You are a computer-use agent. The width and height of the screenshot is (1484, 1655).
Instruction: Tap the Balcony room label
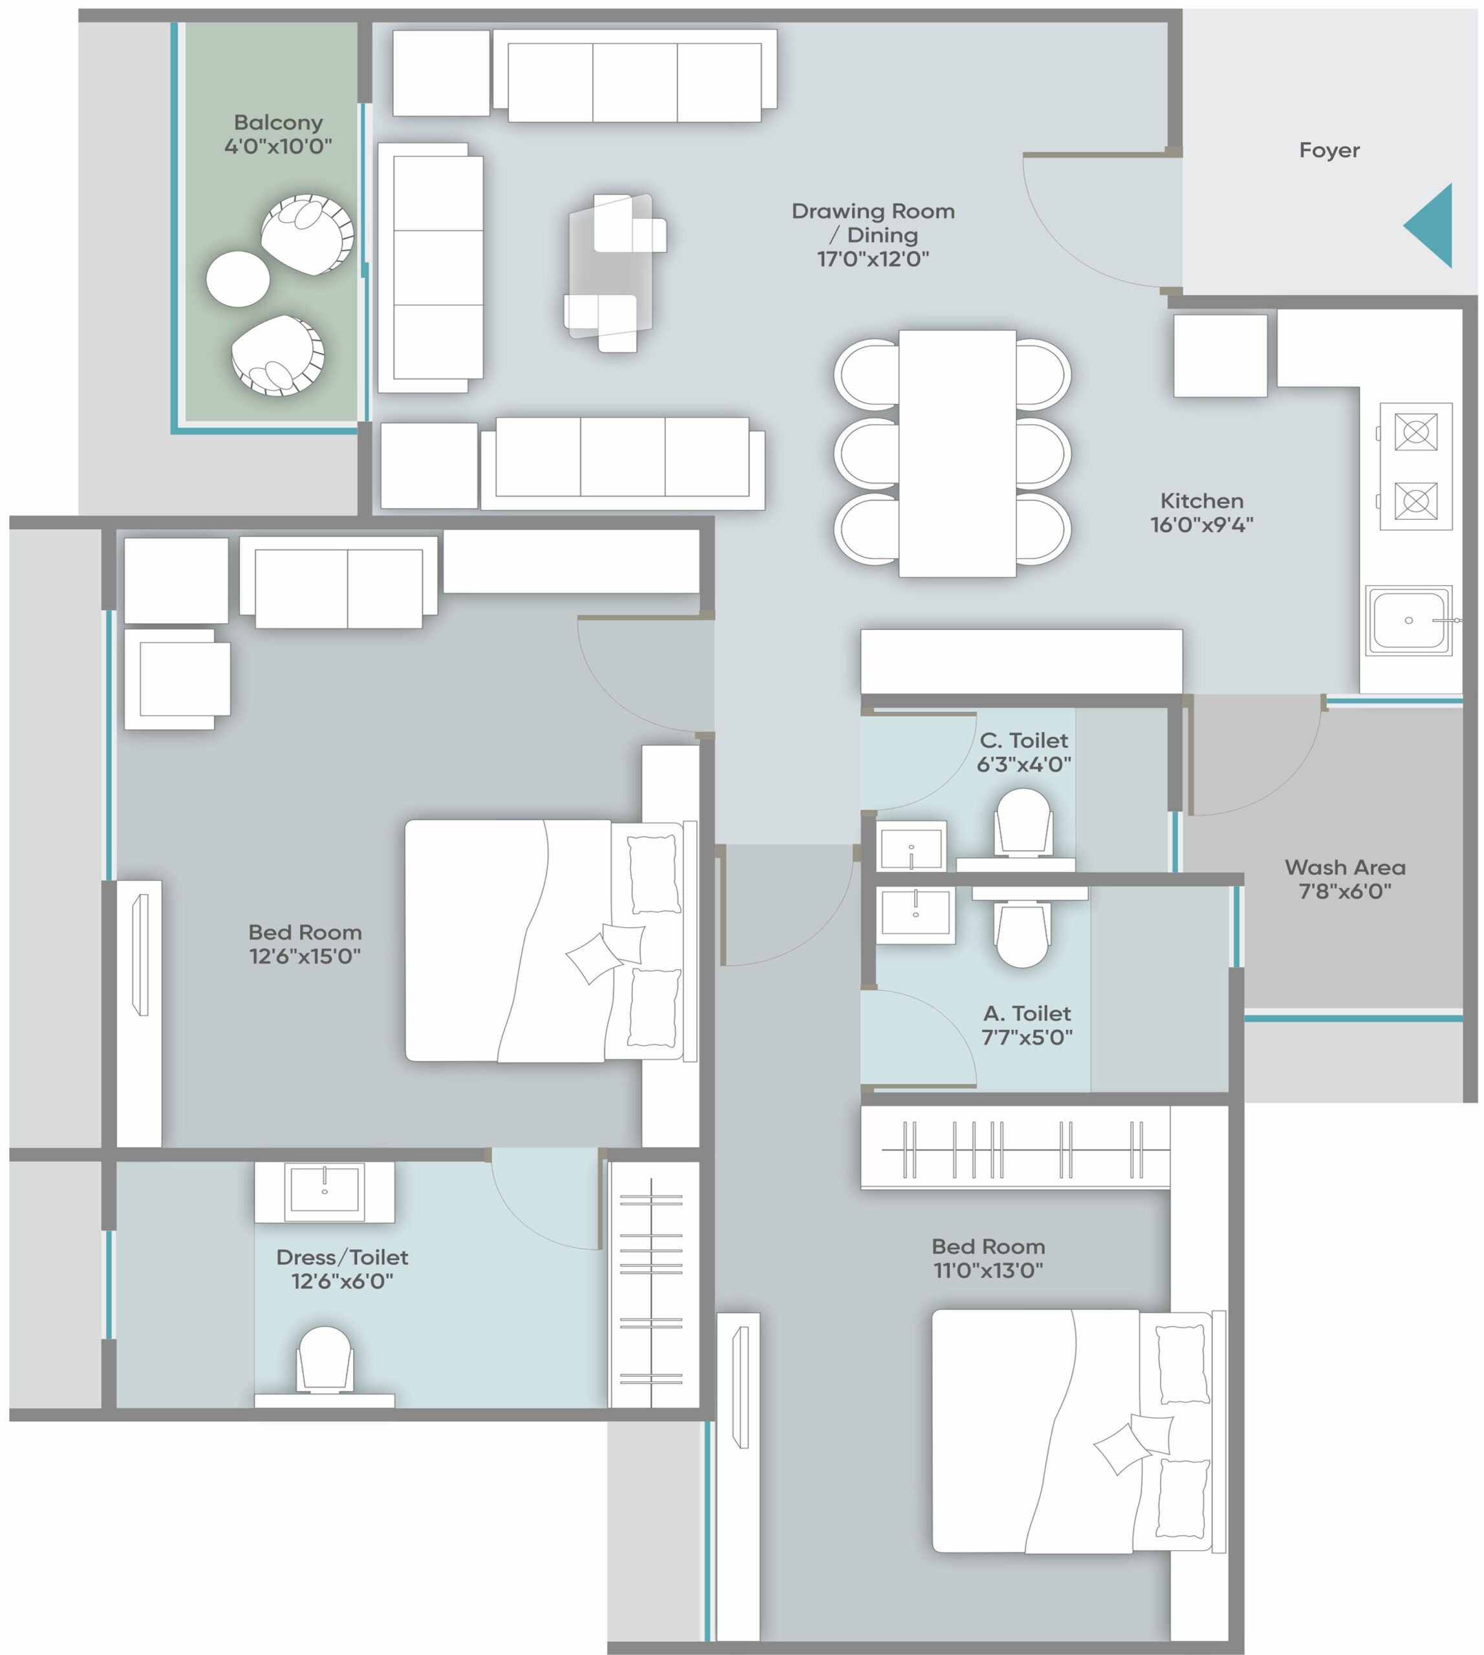[x=278, y=122]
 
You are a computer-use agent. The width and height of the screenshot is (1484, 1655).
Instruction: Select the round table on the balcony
[x=238, y=279]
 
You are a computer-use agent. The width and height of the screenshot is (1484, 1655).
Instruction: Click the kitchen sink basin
[x=1408, y=621]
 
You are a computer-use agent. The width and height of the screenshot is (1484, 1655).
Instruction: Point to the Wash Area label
[x=1344, y=867]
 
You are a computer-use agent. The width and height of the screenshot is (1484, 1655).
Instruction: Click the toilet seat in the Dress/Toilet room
[x=325, y=1359]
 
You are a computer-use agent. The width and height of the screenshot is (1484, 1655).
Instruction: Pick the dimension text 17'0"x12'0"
[x=874, y=259]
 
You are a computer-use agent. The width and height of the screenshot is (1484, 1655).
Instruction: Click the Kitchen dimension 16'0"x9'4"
[x=1202, y=524]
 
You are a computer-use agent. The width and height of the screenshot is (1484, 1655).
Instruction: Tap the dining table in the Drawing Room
[x=957, y=453]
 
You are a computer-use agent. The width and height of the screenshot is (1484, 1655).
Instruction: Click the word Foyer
[x=1329, y=150]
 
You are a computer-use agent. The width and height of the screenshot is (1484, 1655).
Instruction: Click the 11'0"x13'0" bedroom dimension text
[x=988, y=1270]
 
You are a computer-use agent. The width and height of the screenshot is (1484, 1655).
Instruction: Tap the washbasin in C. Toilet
[x=912, y=846]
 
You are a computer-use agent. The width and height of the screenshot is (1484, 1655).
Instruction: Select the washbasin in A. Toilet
[x=916, y=914]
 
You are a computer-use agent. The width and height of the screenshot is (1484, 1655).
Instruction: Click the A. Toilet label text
[x=1027, y=1014]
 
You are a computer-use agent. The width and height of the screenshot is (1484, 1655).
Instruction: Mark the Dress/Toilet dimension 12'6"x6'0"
[x=343, y=1281]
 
